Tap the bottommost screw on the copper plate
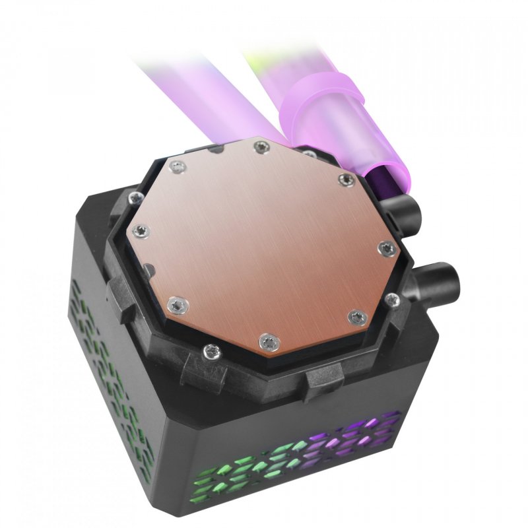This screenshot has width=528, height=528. pos(267,341)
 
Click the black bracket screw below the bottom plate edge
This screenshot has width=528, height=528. pos(212,350)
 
